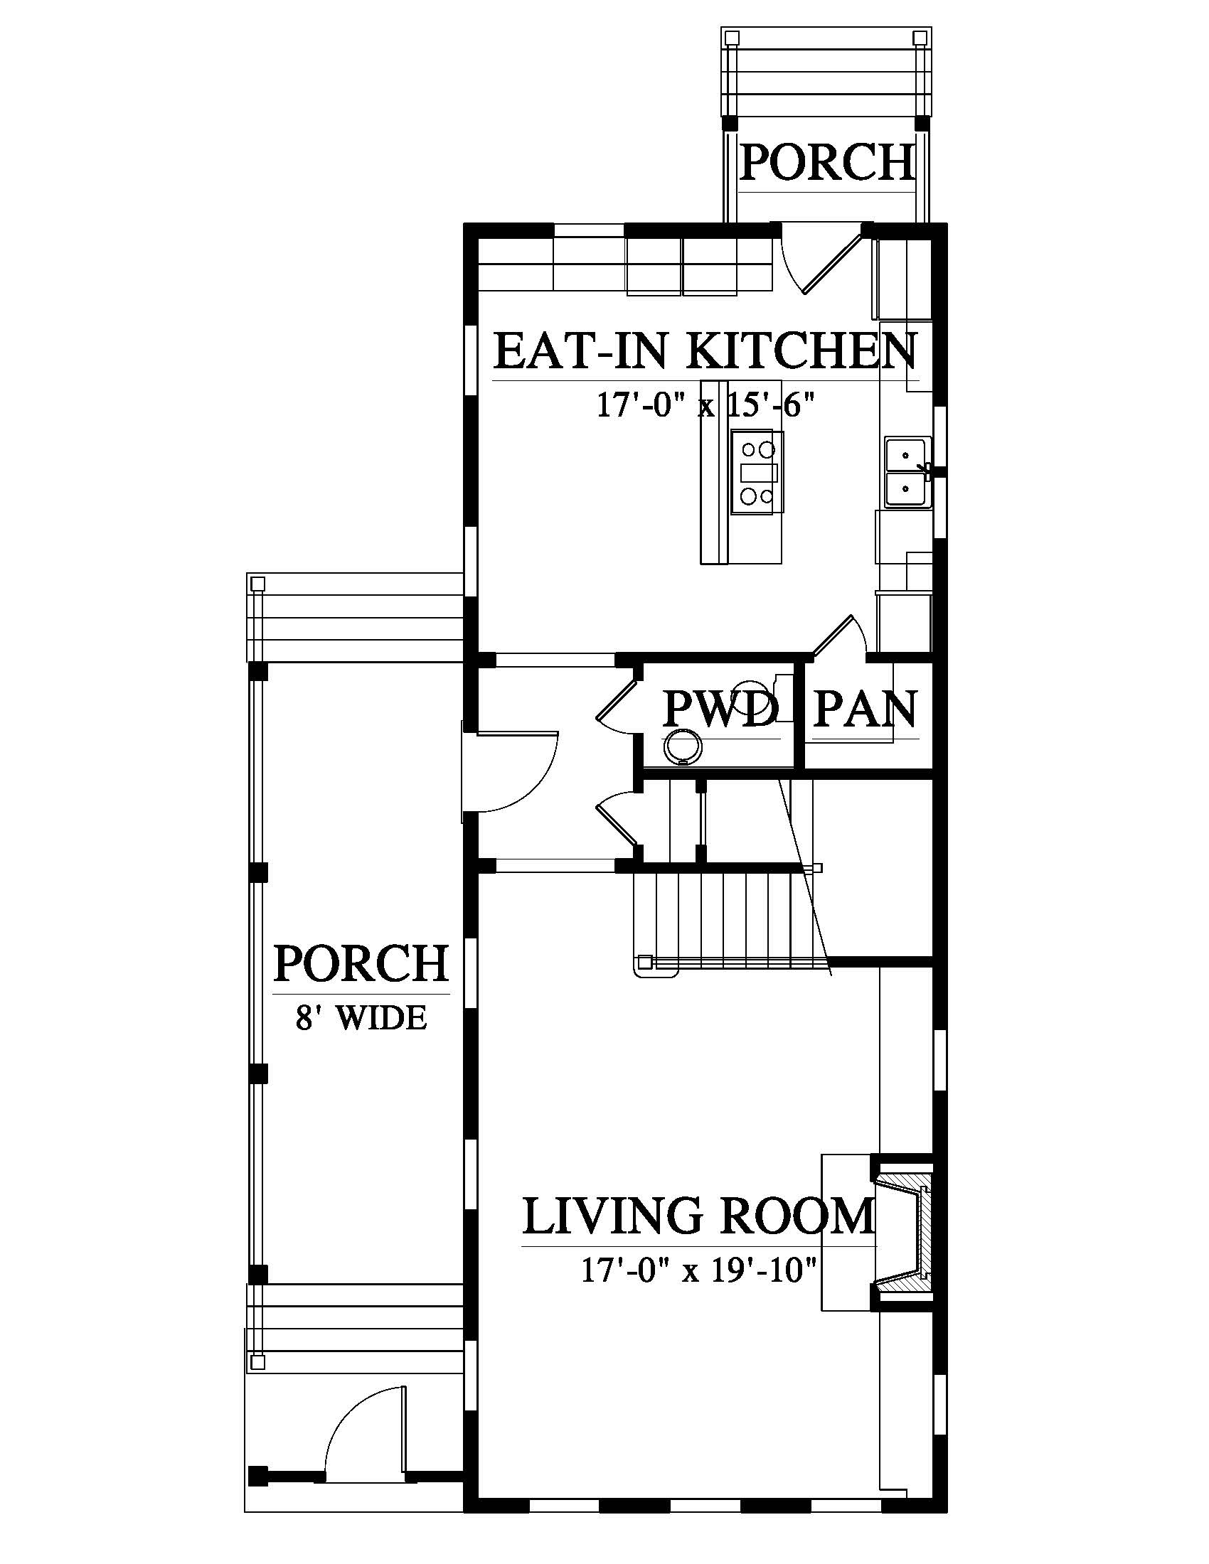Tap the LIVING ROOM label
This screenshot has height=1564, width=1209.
point(699,1216)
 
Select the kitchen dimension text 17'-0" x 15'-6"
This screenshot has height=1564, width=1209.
point(706,406)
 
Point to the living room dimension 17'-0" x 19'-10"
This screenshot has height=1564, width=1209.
point(699,1271)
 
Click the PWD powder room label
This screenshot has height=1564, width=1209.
point(720,709)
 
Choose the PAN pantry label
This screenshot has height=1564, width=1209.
point(866,709)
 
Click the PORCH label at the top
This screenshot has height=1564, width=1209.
point(827,162)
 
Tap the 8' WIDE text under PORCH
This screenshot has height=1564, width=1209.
point(362,1017)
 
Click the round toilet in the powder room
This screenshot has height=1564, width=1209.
point(682,749)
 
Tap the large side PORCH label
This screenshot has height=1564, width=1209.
point(362,963)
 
